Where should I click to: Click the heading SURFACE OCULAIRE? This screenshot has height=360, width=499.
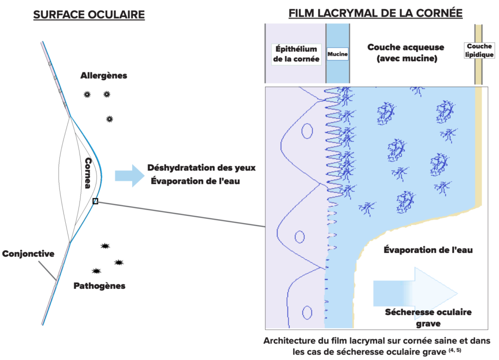[89, 15]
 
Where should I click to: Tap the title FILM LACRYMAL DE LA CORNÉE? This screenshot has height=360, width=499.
[376, 13]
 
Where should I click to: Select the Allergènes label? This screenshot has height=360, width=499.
[104, 76]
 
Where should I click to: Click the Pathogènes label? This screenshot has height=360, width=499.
[99, 286]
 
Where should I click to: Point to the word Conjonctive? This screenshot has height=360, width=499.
[28, 254]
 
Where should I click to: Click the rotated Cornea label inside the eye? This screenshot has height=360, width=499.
[88, 173]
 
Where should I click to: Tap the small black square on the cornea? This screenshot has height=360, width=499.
[95, 201]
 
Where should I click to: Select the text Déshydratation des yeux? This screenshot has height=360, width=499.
[201, 168]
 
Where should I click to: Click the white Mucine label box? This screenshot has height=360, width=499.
[338, 54]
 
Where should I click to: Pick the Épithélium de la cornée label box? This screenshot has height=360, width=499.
[296, 54]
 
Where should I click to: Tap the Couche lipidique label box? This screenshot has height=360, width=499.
[480, 50]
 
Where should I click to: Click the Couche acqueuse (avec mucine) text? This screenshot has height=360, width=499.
[406, 53]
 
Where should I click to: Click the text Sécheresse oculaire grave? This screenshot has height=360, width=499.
[428, 318]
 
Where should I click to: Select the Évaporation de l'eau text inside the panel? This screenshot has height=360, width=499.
[428, 250]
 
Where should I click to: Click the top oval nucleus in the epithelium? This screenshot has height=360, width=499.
[307, 131]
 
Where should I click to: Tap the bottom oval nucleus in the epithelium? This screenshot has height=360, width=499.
[307, 313]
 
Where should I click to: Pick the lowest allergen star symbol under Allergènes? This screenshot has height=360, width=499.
[110, 119]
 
